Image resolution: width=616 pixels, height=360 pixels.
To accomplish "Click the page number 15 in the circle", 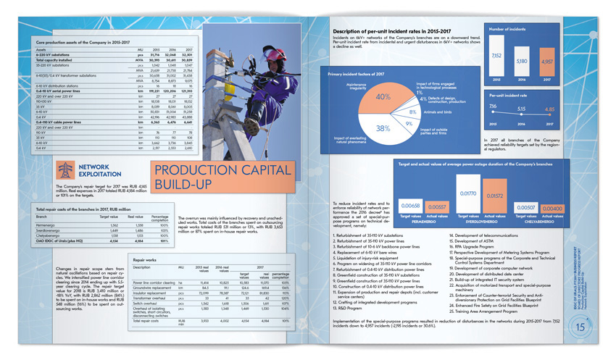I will [x=580, y=327].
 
